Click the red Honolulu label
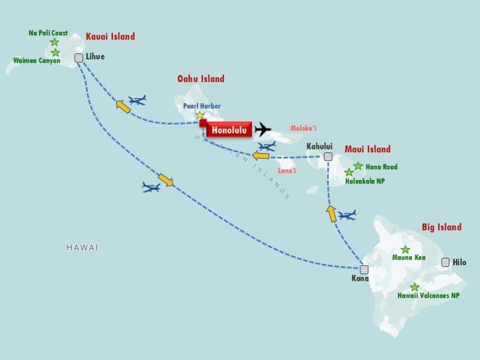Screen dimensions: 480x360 [229, 129]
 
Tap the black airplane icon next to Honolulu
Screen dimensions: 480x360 [262, 129]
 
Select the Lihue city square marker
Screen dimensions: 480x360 [79, 58]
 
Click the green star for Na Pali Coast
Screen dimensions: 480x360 [55, 43]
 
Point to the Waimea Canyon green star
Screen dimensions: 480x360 [55, 53]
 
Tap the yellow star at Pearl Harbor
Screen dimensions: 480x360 [200, 116]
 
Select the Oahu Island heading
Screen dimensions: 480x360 [200, 79]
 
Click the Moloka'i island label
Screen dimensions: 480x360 [304, 128]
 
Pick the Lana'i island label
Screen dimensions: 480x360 [287, 171]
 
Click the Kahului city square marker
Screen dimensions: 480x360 [328, 157]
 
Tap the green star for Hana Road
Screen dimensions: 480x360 [358, 166]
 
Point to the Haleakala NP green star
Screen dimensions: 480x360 [349, 173]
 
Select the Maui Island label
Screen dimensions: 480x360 [367, 149]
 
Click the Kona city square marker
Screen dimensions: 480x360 [364, 269]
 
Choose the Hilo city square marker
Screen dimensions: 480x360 [445, 262]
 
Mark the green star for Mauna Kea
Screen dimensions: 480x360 [405, 250]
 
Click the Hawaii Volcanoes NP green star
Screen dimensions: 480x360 [415, 287]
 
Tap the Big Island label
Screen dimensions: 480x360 [441, 227]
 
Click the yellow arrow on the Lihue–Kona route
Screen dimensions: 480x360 [166, 179]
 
